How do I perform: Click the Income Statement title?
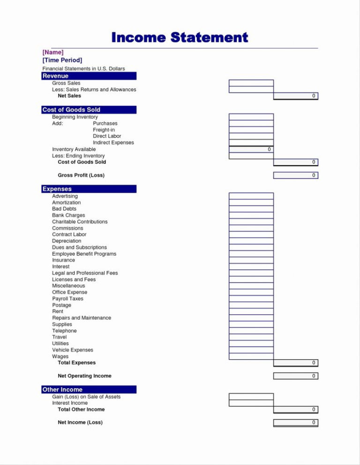click(x=180, y=37)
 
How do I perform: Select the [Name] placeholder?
click(x=53, y=52)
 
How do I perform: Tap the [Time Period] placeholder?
click(x=62, y=60)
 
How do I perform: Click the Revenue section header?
click(x=89, y=76)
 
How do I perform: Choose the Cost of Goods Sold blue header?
click(x=89, y=110)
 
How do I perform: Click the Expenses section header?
click(x=89, y=189)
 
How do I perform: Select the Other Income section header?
click(x=89, y=389)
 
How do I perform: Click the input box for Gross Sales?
click(x=251, y=83)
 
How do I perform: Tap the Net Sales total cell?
click(x=295, y=96)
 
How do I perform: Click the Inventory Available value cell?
click(x=251, y=149)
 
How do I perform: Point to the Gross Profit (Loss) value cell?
click(x=295, y=175)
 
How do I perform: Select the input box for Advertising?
click(x=251, y=196)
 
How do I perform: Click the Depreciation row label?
click(x=67, y=241)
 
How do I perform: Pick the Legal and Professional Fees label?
click(x=85, y=273)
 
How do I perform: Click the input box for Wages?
click(x=251, y=356)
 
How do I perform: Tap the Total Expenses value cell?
click(x=295, y=363)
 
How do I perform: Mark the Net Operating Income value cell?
click(x=295, y=376)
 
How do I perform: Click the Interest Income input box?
click(x=251, y=403)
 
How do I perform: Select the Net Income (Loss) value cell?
click(x=295, y=422)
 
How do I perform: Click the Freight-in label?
click(x=104, y=130)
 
